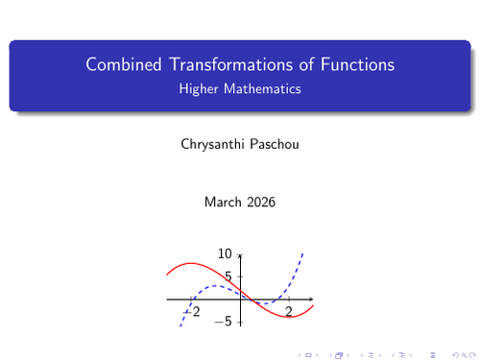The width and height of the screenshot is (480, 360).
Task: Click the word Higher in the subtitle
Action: [x=199, y=89]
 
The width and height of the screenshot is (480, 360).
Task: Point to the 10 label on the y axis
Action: [x=226, y=254]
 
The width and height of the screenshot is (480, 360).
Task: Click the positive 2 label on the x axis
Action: [x=289, y=312]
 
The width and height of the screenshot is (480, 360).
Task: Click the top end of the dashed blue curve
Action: [x=303, y=252]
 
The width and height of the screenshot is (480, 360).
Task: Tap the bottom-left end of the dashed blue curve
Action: [x=180, y=329]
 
